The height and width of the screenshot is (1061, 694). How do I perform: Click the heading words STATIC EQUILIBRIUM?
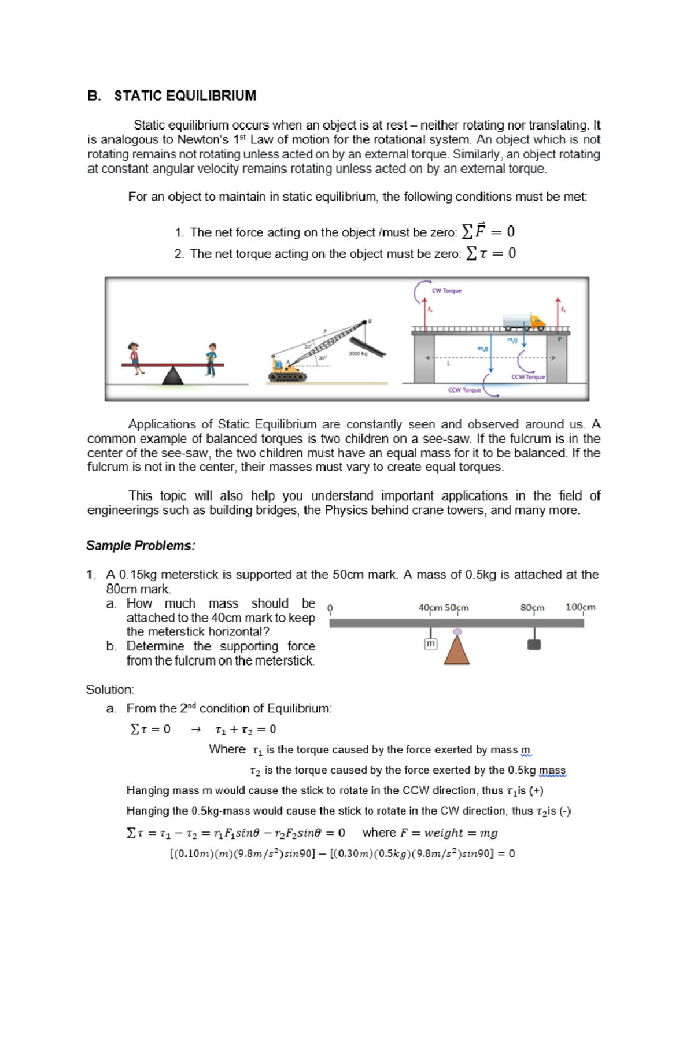pyautogui.click(x=185, y=95)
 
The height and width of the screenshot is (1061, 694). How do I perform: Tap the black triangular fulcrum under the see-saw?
pyautogui.click(x=172, y=376)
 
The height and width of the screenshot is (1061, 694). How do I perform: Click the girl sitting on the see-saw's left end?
pyautogui.click(x=135, y=357)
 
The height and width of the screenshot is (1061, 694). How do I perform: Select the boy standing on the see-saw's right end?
pyautogui.click(x=212, y=359)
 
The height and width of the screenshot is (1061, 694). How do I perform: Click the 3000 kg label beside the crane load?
pyautogui.click(x=358, y=353)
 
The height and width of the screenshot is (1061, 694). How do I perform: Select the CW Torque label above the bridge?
pyautogui.click(x=447, y=291)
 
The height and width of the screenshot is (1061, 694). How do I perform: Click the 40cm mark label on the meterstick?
pyautogui.click(x=430, y=608)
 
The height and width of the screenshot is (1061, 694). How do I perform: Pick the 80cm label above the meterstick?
pyautogui.click(x=532, y=608)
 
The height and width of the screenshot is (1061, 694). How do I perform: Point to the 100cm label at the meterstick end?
pyautogui.click(x=580, y=607)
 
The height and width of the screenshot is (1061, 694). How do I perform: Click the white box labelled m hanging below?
pyautogui.click(x=430, y=644)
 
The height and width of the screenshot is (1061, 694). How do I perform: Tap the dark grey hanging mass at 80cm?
pyautogui.click(x=534, y=644)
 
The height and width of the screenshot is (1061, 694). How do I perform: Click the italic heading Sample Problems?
pyautogui.click(x=141, y=546)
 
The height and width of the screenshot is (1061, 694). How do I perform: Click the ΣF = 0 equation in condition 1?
pyautogui.click(x=488, y=232)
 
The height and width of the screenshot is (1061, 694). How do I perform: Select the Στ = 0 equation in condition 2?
pyautogui.click(x=491, y=253)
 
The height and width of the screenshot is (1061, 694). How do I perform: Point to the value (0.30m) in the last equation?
pyautogui.click(x=353, y=853)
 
